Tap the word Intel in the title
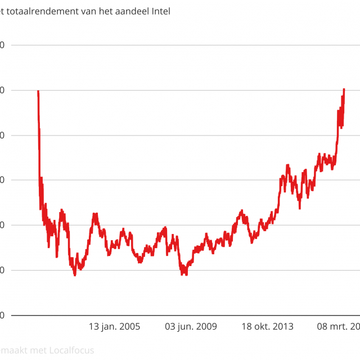(x=159, y=11)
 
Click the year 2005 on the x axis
(x=129, y=326)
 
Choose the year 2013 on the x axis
(x=282, y=326)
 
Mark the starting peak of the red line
(x=38, y=91)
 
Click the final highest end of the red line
(x=344, y=89)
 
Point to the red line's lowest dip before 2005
(x=74, y=274)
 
